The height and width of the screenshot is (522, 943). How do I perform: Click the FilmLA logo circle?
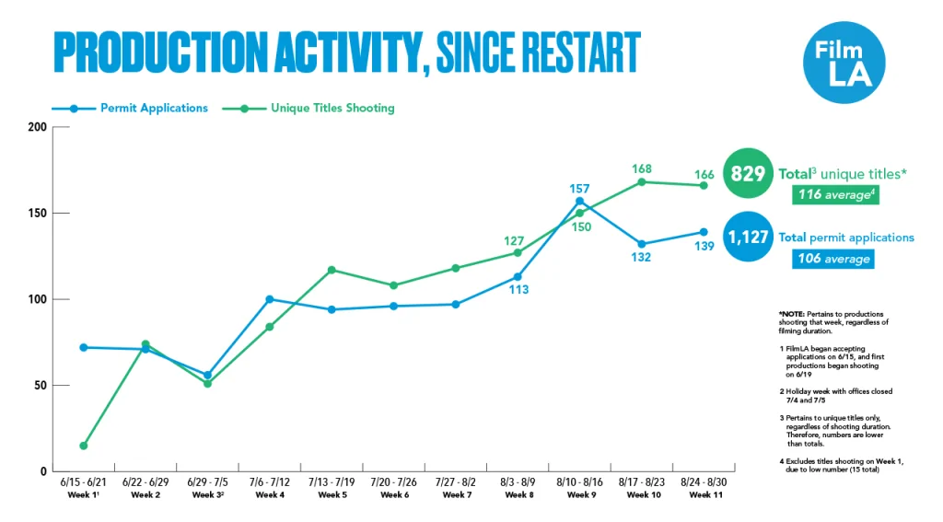[x=844, y=62]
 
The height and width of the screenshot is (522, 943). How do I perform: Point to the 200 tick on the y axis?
[x=36, y=127]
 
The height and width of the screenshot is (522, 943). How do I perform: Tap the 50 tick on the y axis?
[x=39, y=386]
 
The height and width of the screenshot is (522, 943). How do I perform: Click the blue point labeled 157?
[x=579, y=201]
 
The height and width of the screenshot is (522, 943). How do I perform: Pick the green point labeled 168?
[x=642, y=181]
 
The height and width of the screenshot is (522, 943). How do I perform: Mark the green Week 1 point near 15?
[x=84, y=446]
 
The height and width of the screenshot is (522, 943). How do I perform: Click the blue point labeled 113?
[x=518, y=276]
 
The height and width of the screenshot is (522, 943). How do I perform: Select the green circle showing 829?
[x=749, y=172]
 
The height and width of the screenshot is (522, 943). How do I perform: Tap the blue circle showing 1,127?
[x=749, y=238]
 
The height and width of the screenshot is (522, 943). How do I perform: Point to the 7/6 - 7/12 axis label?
[x=270, y=481]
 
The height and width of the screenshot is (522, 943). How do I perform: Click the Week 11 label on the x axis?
[x=704, y=495]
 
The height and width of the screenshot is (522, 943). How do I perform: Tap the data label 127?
[x=515, y=241]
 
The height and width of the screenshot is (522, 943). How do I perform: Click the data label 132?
[x=641, y=258]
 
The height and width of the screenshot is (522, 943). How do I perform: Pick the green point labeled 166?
[x=704, y=185]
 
